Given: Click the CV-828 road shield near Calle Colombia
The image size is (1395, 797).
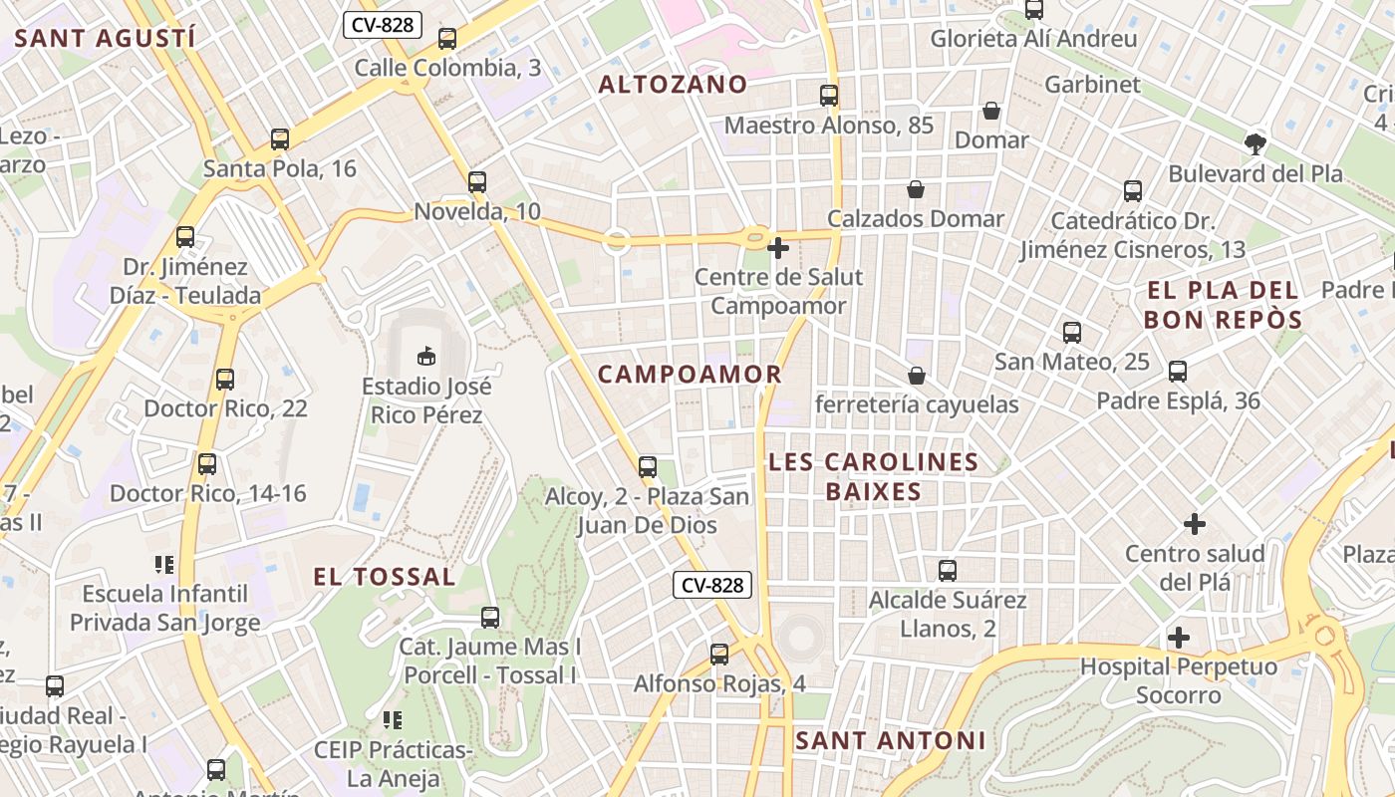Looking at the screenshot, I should [x=383, y=25].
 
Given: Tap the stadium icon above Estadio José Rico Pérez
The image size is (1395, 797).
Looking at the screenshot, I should [x=426, y=355].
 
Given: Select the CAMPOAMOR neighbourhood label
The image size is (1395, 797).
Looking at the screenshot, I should [x=690, y=375].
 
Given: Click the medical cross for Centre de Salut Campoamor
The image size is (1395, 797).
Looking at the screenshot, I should [x=778, y=247].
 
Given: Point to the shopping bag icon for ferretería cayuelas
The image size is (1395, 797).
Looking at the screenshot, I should [x=916, y=376].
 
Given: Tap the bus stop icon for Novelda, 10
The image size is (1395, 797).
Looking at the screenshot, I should [x=477, y=182].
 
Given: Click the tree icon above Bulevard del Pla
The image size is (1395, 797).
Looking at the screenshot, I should [x=1255, y=144].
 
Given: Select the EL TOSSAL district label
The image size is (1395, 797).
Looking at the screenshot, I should [x=385, y=577].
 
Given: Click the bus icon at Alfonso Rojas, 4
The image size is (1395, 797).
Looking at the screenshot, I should [x=719, y=655].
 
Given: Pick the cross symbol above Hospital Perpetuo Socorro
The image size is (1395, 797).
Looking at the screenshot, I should [x=1179, y=637].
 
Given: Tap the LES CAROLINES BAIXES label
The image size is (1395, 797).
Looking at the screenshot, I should [x=873, y=477].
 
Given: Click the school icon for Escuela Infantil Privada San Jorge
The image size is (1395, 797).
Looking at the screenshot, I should [x=165, y=565].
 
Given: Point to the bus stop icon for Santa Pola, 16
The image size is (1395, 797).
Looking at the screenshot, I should [x=280, y=139].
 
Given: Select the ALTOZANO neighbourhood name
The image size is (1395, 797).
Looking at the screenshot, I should [x=673, y=85].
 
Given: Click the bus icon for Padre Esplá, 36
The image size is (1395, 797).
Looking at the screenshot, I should [x=1178, y=372].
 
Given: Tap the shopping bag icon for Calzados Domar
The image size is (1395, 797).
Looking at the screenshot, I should [x=916, y=189].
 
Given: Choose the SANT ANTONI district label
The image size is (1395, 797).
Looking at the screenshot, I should [x=890, y=741].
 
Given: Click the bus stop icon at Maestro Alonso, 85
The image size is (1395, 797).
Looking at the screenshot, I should [x=829, y=96].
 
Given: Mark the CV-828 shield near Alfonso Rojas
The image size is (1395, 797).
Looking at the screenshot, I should [x=712, y=585].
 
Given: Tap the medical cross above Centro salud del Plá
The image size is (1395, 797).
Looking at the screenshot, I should [x=1195, y=523].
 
